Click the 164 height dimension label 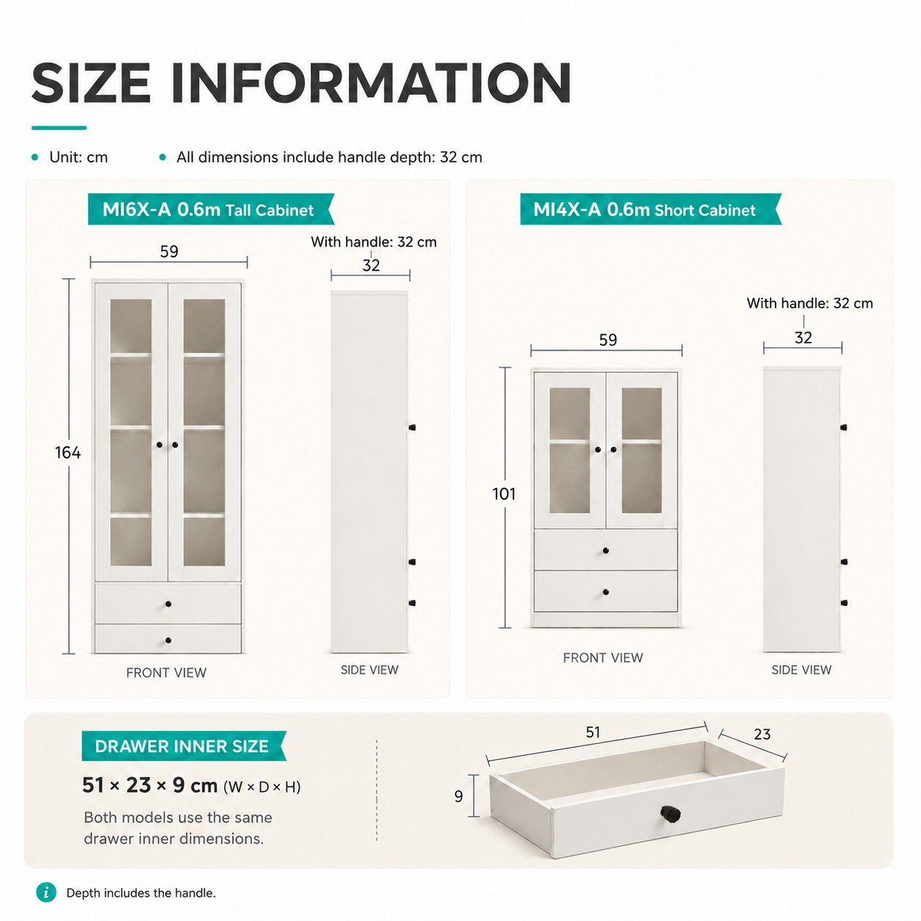(x=68, y=452)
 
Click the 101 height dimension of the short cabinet (x=504, y=494)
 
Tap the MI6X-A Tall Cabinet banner (x=211, y=209)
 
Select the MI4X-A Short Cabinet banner (x=651, y=209)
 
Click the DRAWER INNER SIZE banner (x=184, y=746)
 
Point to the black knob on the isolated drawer (x=670, y=813)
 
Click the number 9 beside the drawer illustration (x=458, y=796)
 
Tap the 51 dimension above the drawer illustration (x=593, y=732)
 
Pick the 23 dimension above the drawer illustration (x=762, y=734)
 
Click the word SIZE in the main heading (x=91, y=83)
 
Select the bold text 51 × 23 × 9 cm (x=150, y=785)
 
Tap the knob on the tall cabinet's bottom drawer (x=168, y=640)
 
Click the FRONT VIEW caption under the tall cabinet (x=166, y=673)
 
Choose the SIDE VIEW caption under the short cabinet (x=801, y=670)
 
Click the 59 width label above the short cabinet (x=608, y=340)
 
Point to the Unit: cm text (x=79, y=157)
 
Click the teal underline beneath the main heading (x=59, y=128)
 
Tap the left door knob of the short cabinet (x=598, y=449)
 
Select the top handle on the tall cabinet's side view (x=412, y=427)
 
